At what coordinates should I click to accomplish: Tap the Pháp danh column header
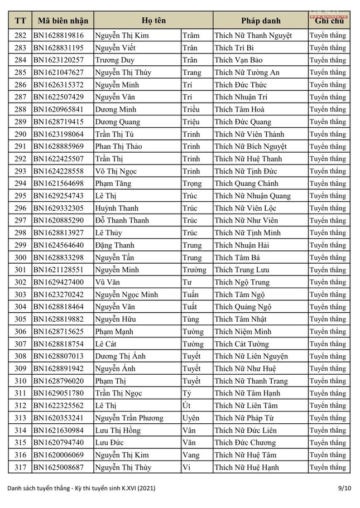[260, 21]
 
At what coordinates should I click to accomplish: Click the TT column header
[21, 21]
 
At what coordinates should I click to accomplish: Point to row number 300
[21, 258]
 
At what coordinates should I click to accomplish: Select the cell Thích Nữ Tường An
[247, 72]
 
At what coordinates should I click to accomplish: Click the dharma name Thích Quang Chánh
[244, 183]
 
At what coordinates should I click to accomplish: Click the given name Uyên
[192, 418]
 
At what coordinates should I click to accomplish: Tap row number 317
[21, 467]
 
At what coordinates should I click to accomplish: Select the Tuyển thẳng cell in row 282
[328, 35]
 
